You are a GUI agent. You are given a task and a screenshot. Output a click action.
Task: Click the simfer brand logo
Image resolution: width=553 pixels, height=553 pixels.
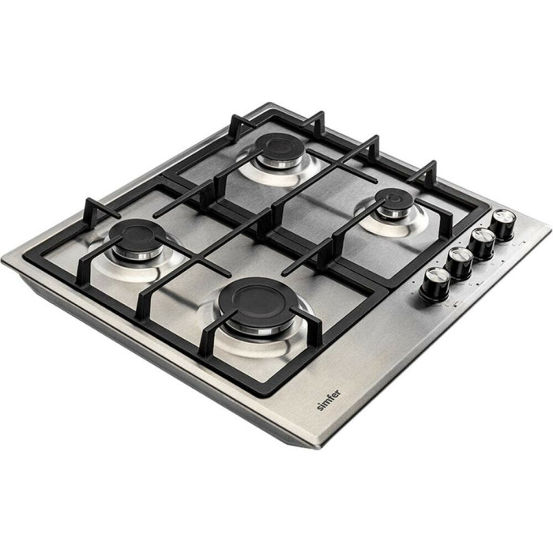[x=329, y=400]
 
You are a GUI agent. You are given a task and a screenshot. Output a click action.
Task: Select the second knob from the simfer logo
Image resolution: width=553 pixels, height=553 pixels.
[x=459, y=263]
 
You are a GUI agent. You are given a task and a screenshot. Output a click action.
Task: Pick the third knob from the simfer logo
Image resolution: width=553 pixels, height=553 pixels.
[x=482, y=243]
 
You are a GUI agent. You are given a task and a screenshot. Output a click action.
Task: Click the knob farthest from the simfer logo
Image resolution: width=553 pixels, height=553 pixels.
[x=503, y=224]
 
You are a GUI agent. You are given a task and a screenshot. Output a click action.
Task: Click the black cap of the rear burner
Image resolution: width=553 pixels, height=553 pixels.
[x=280, y=148]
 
